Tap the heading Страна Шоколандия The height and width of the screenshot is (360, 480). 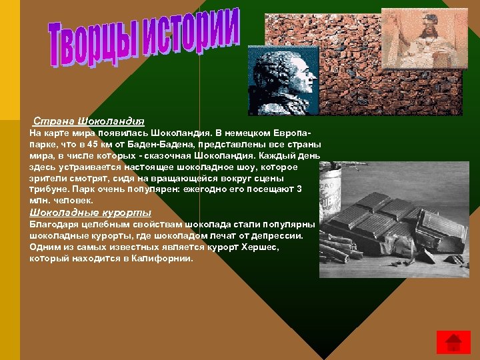pyautogui.click(x=89, y=121)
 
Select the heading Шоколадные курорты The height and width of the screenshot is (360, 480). pyautogui.click(x=85, y=213)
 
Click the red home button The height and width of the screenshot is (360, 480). pyautogui.click(x=453, y=341)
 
